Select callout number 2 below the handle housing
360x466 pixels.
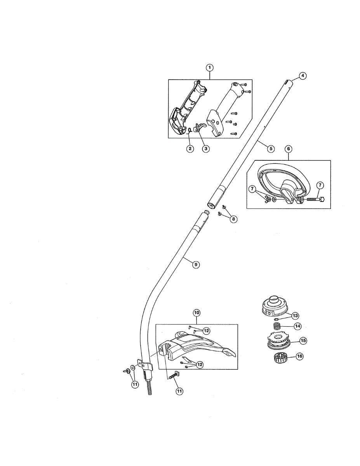(x=190, y=148)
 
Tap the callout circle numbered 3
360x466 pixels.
(x=206, y=148)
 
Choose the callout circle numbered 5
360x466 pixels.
(x=271, y=148)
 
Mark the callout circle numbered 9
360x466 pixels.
(x=196, y=264)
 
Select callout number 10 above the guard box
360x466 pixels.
(x=197, y=312)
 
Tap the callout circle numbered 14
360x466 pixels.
(x=298, y=326)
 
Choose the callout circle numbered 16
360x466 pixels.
(x=299, y=356)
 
